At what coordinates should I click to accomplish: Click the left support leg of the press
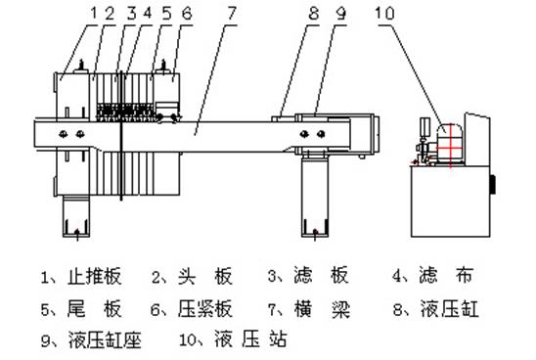click(x=75, y=214)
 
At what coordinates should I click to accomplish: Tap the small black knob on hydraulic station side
click(x=494, y=183)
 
